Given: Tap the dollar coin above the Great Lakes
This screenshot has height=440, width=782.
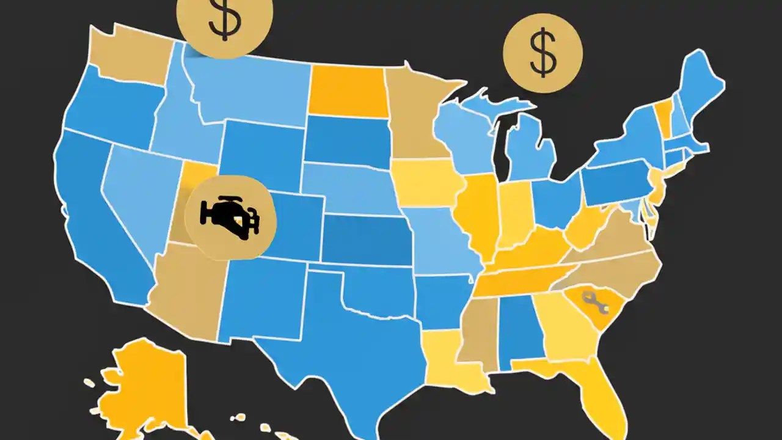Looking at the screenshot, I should pos(543,54).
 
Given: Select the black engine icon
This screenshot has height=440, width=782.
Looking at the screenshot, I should pos(230,217).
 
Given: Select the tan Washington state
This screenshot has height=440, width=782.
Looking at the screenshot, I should pos(131,55).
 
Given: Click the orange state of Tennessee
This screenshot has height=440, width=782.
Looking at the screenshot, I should pos(519,278).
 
